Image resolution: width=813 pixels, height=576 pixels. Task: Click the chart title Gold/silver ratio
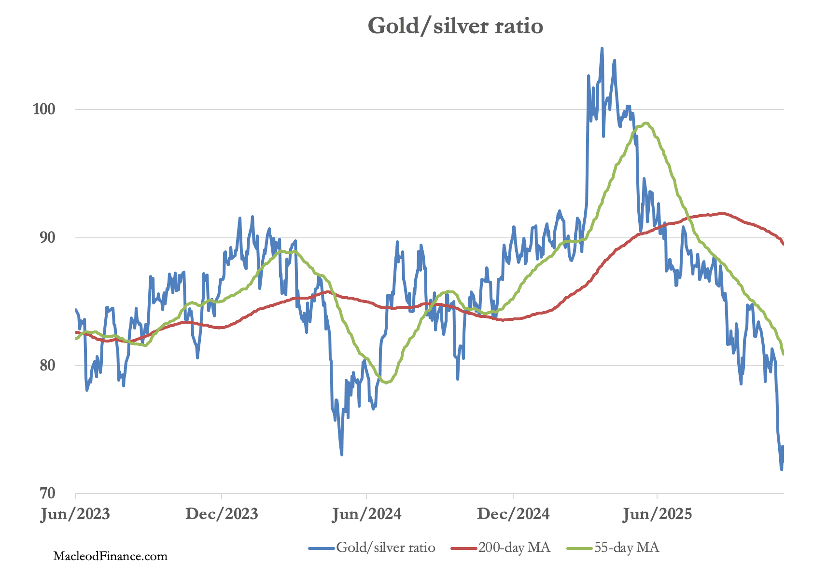click(x=455, y=26)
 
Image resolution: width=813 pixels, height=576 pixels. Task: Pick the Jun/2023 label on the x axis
click(x=75, y=514)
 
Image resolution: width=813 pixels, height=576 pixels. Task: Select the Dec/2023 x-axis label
click(x=222, y=514)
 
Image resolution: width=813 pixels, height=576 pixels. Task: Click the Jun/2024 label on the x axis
click(x=367, y=514)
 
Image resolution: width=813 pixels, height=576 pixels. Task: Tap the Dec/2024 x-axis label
click(x=513, y=514)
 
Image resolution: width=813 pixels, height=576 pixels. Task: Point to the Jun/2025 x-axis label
click(x=657, y=514)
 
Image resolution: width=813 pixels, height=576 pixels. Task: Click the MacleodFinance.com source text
click(x=110, y=556)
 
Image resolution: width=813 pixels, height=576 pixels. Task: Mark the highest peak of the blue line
click(x=602, y=48)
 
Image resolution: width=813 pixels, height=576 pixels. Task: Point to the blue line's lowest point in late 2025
click(x=782, y=469)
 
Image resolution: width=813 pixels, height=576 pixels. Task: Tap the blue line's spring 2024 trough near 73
click(x=342, y=454)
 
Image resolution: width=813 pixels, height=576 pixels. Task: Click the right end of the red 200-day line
click(x=783, y=244)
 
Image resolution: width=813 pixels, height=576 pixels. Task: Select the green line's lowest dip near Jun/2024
click(x=387, y=383)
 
